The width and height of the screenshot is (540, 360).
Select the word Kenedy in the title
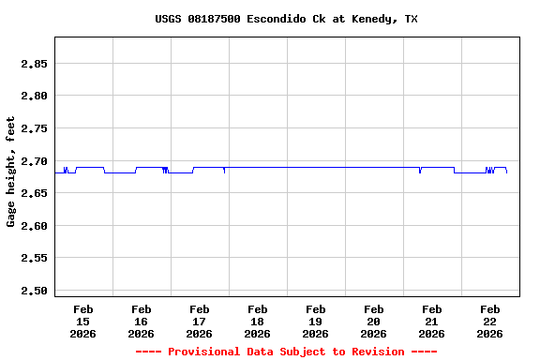click(x=372, y=19)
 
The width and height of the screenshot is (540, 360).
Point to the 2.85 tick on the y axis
click(x=34, y=64)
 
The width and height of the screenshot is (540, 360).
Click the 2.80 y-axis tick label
click(x=34, y=96)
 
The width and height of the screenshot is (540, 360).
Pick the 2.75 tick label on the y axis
click(x=34, y=128)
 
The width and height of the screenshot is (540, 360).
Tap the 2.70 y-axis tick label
click(x=34, y=161)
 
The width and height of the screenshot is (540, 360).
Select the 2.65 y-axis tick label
click(x=34, y=193)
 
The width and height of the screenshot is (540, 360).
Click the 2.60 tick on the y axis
click(x=34, y=226)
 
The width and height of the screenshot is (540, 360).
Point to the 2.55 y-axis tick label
click(x=34, y=258)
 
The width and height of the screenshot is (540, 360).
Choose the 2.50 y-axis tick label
click(x=34, y=291)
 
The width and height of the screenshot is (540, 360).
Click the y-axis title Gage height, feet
click(x=11, y=172)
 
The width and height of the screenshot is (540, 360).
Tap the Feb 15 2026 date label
click(x=83, y=321)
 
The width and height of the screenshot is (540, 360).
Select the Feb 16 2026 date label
click(x=142, y=321)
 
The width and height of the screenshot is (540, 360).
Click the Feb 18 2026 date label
click(x=258, y=321)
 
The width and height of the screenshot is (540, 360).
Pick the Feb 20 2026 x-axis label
click(x=374, y=321)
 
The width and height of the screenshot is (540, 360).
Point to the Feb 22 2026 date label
click(x=490, y=321)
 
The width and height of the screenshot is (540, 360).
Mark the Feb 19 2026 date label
click(x=316, y=321)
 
